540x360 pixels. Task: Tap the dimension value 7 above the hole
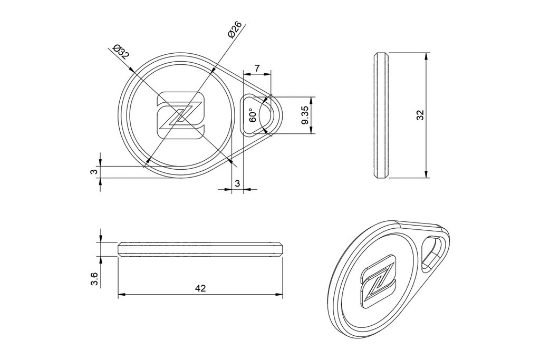(257, 68)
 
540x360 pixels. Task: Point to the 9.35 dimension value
(304, 115)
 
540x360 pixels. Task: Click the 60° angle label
(253, 115)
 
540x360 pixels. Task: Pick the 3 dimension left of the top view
(93, 172)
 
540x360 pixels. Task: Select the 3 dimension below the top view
(237, 183)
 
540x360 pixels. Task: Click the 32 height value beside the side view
(420, 115)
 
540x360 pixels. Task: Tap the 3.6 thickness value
(94, 279)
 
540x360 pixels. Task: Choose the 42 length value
(200, 288)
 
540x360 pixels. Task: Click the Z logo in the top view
(181, 115)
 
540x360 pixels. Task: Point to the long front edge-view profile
(200, 249)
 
